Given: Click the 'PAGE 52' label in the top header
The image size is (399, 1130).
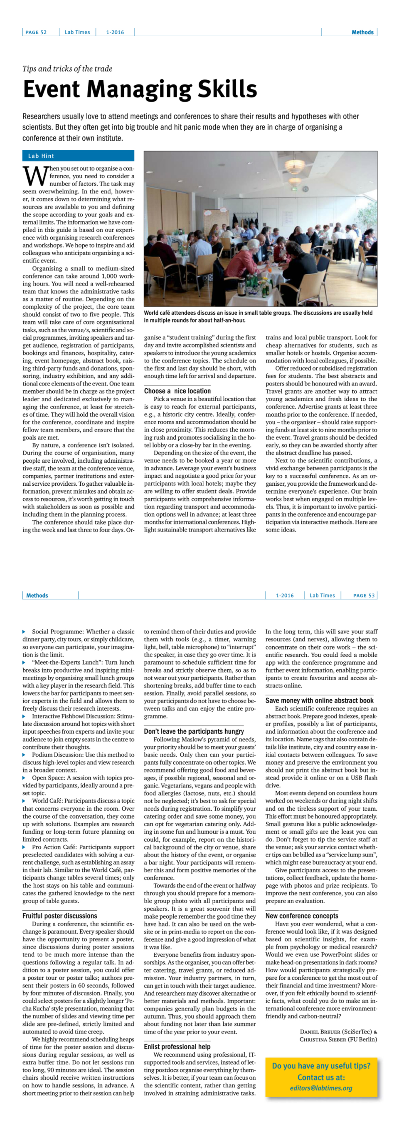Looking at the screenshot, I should (x=36, y=32).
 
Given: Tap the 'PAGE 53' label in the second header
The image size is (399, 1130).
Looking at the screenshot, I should (x=364, y=595).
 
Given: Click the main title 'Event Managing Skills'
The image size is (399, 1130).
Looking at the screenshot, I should (x=140, y=89).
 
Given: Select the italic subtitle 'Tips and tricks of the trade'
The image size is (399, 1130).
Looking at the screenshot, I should (x=67, y=68).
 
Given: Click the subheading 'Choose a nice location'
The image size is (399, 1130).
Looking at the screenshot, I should (x=177, y=391).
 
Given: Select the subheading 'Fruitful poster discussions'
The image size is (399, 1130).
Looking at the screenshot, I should (x=59, y=916).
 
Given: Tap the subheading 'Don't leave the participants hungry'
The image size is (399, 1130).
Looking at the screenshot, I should (x=194, y=731).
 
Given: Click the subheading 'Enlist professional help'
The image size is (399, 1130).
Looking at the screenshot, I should (x=177, y=1047).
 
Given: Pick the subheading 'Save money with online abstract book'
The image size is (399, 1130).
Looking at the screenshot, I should (x=319, y=700).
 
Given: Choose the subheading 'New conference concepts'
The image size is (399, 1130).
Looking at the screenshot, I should (x=302, y=916).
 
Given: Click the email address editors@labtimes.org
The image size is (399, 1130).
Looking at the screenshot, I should (x=321, y=1088).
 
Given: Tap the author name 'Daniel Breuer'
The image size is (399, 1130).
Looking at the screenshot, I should (x=320, y=1031).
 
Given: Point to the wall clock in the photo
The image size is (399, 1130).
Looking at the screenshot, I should (x=305, y=189).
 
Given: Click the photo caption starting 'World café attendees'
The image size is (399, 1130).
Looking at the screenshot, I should (x=258, y=316).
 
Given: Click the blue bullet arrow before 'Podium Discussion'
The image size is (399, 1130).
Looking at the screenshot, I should (x=24, y=755).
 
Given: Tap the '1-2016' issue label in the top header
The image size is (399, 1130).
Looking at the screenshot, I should (x=115, y=32).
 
